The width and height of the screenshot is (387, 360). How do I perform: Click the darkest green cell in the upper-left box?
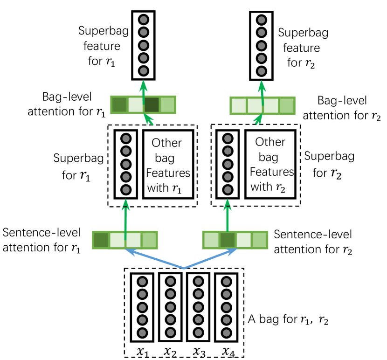[x=152, y=105]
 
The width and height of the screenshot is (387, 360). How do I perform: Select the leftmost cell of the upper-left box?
[x=119, y=105]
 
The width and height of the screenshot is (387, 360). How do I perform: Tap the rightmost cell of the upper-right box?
[x=287, y=106]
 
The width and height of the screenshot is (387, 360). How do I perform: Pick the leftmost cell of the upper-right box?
[x=239, y=106]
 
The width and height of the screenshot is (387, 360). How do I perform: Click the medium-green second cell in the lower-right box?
[x=228, y=240]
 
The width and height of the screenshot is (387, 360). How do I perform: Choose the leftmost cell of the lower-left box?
[x=101, y=240]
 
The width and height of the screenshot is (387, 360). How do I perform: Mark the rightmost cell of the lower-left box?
[x=149, y=240]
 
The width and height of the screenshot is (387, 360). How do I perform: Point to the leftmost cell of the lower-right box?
[x=211, y=240]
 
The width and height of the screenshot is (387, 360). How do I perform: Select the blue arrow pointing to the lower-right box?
[x=212, y=258]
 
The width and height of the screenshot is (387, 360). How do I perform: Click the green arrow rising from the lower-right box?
[x=228, y=217]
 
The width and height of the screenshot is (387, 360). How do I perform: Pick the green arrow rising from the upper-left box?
[x=144, y=91]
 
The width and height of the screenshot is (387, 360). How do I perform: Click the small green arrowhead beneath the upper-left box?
[x=149, y=119]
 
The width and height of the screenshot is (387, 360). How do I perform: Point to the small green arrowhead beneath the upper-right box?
[x=258, y=120]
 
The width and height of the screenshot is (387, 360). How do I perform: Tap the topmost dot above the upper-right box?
[x=262, y=20]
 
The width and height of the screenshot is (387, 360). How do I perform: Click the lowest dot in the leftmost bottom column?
[x=142, y=333]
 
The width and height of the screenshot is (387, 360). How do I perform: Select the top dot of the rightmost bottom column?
[x=227, y=282]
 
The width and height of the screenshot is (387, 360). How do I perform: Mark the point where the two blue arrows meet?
[x=184, y=268]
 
